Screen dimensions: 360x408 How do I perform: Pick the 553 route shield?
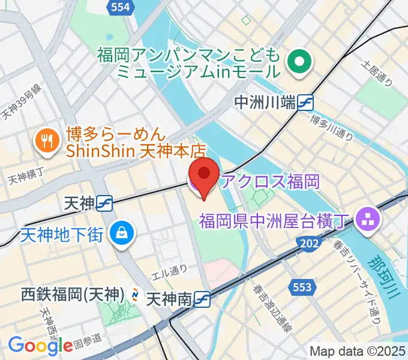pos(302,287)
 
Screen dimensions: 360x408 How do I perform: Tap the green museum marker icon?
pos(298,62)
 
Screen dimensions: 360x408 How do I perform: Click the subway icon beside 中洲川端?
pos(306,103)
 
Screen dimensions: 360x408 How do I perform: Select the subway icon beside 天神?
pos(104,204)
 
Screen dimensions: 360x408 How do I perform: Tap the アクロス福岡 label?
pos(269,181)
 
